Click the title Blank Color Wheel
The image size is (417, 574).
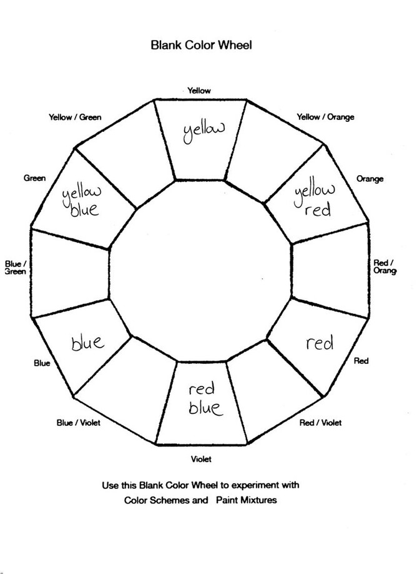(200, 45)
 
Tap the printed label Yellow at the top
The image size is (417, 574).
(199, 91)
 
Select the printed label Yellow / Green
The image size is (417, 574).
(75, 117)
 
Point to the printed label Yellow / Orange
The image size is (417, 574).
(325, 117)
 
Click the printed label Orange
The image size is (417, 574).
(370, 179)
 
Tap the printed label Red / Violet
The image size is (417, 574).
(320, 423)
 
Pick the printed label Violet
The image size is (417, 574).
(201, 460)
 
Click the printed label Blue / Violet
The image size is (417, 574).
(78, 423)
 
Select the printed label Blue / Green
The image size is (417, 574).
(15, 267)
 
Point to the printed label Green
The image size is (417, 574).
(34, 178)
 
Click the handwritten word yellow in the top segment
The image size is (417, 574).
(203, 131)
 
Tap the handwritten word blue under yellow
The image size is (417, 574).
(84, 209)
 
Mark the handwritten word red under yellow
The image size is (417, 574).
(317, 210)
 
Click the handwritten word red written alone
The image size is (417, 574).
(320, 343)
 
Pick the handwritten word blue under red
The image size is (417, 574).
(204, 408)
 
